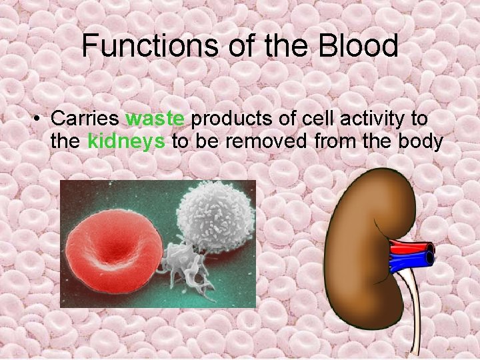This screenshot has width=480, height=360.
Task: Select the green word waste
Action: [x=155, y=119]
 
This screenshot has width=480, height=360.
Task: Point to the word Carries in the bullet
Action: [x=85, y=119]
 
